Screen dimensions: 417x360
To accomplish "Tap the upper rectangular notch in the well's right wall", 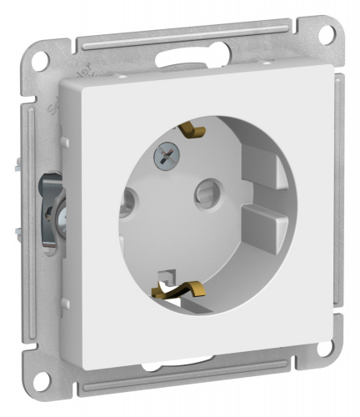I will pos(264,172).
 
